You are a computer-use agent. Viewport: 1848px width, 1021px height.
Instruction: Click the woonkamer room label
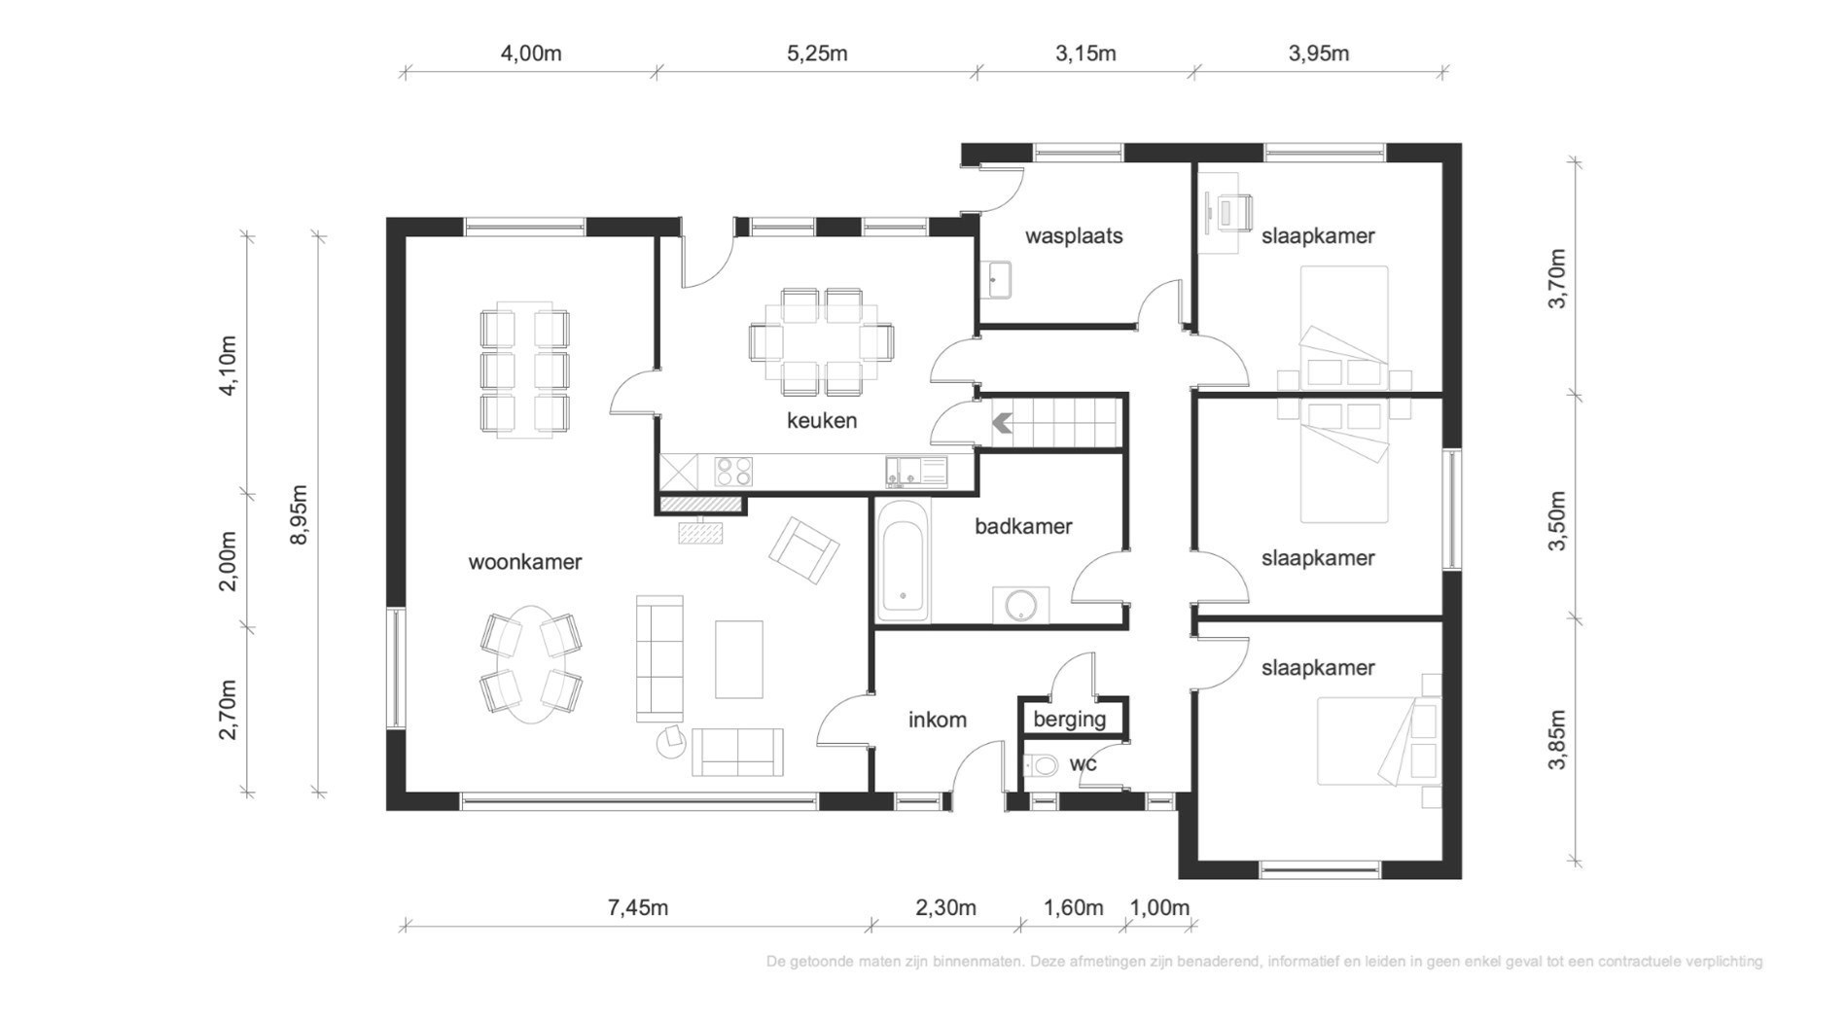(525, 562)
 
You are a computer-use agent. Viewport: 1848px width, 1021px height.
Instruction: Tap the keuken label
(822, 421)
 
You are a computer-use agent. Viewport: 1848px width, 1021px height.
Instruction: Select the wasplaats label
(1074, 236)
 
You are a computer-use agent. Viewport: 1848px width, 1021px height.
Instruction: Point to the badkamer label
(1023, 526)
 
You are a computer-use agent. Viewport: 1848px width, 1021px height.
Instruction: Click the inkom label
(938, 720)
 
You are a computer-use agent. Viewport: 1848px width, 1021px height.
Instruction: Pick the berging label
(1070, 720)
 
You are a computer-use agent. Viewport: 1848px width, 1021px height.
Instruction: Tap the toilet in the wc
(1042, 765)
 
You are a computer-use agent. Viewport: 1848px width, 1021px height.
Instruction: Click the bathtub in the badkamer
(903, 561)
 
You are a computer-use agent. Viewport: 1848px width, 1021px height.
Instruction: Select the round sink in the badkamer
(1021, 605)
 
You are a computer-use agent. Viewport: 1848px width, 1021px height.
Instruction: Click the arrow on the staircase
(1002, 423)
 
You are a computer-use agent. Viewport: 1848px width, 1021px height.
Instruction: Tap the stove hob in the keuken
(733, 472)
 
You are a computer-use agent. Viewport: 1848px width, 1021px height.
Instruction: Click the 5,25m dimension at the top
(817, 53)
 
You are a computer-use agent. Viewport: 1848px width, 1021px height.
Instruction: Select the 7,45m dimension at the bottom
(638, 908)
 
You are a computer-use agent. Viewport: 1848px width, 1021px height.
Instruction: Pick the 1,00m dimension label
(1159, 908)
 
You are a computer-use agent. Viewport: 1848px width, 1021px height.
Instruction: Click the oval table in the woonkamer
(531, 665)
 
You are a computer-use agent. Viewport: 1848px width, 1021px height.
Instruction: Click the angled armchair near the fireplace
(804, 550)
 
